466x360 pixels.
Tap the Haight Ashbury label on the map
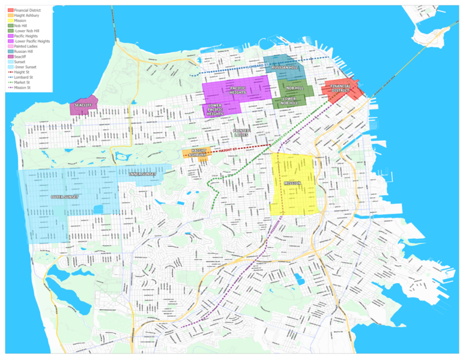point(199,153)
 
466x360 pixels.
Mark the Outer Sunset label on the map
point(65,197)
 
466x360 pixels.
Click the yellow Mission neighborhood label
point(292,183)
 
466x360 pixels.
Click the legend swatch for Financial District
point(10,11)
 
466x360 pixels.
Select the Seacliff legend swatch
point(10,56)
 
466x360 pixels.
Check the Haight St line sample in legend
point(10,72)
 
